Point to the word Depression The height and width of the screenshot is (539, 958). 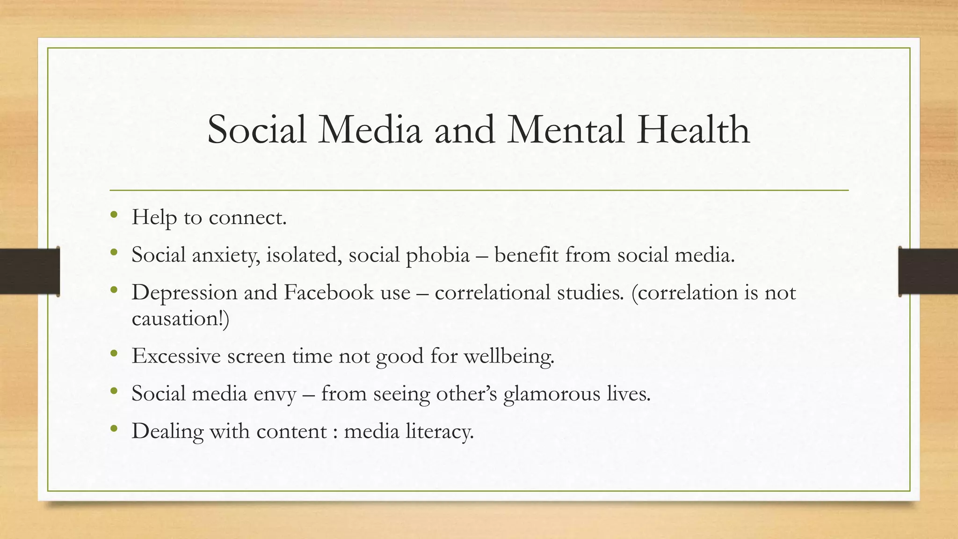pos(184,293)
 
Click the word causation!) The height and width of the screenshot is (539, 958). pos(181,319)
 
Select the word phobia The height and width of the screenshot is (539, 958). pos(437,255)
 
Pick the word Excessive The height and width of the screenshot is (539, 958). pos(176,356)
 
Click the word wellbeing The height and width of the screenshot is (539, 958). pos(508,357)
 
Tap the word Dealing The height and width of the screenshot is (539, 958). pos(167,431)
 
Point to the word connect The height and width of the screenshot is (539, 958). pos(247,218)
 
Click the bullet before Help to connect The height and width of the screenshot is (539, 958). pos(114,216)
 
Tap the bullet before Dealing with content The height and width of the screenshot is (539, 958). pos(114,429)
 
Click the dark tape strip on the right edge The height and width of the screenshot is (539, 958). pos(928,271)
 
